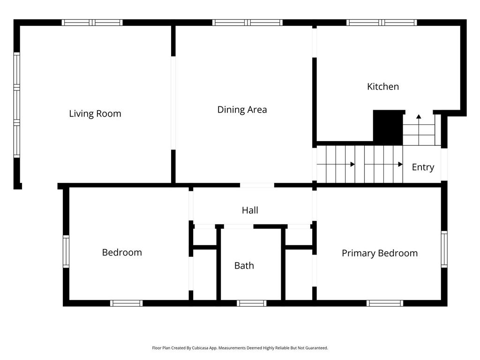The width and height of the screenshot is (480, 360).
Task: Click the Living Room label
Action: pos(95,113)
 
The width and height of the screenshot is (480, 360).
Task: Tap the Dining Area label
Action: pos(242,110)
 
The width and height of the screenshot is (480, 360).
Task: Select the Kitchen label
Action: pos(382,87)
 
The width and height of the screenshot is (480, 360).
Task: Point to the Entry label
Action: pos(423,167)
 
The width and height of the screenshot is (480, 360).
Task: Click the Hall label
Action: pos(250,210)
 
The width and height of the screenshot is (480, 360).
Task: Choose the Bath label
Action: pos(244,265)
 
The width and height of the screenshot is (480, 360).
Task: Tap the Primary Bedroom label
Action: pos(380,253)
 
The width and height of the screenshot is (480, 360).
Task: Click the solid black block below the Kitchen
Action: pos(388,127)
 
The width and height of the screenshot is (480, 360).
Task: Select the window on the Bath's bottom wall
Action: pos(251,303)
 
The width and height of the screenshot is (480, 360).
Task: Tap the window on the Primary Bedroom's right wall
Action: pos(444,249)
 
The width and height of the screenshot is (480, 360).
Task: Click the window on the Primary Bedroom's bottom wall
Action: pos(385,303)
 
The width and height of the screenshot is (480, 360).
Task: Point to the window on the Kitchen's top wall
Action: pos(382,22)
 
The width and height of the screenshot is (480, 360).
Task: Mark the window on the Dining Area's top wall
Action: pos(247,22)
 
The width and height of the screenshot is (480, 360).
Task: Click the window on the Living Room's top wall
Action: pos(92,22)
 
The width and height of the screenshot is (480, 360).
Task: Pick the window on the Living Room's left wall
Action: pos(16,105)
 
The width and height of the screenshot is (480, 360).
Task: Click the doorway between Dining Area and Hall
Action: pos(257,185)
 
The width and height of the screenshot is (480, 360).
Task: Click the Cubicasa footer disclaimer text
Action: pos(240,348)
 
